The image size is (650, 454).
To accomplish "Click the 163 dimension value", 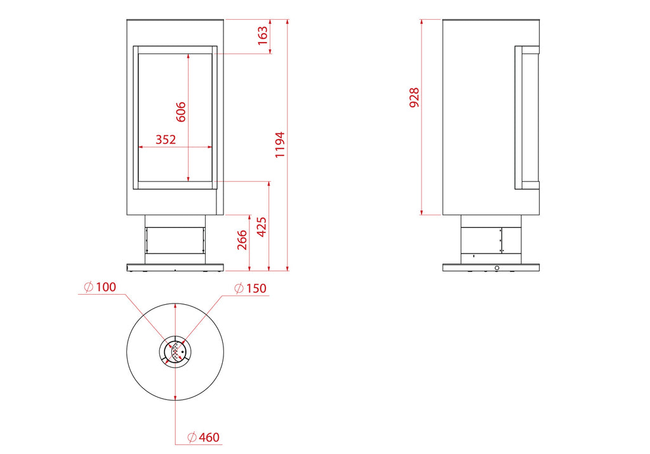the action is [x=263, y=36].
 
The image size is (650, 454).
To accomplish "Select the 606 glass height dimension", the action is [x=181, y=112].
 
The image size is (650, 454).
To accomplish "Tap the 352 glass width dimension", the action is [x=166, y=139].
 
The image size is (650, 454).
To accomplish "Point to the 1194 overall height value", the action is [x=280, y=145].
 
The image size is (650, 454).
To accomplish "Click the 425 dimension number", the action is [x=262, y=227].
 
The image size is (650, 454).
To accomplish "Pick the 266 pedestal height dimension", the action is [x=242, y=240].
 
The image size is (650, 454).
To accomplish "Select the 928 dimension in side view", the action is [x=414, y=97].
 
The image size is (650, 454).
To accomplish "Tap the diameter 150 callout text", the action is [x=250, y=288].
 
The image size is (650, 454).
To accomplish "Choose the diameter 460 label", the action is [x=203, y=437].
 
